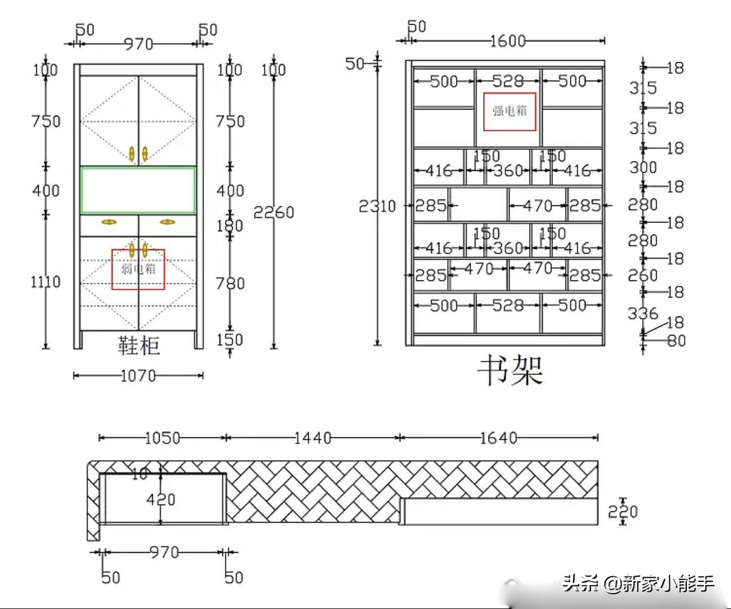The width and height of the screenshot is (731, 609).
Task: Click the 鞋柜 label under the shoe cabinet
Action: coord(138,345)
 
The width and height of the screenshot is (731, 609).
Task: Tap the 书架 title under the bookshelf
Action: coord(510,371)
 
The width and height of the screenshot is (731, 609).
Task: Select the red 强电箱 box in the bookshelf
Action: coord(510,111)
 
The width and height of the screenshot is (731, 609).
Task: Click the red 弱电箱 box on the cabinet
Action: coord(138,269)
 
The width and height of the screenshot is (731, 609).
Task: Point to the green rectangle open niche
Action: coord(138,190)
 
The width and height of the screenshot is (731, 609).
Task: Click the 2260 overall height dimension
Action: coord(274,212)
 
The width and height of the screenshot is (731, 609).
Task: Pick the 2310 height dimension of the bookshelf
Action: coord(377,206)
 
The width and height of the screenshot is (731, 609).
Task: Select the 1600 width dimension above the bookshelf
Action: coord(507,41)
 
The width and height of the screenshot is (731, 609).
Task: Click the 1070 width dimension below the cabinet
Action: coord(138,375)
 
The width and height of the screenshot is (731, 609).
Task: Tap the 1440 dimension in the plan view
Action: coord(313,438)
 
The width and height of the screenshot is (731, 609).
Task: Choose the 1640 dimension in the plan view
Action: coord(499,438)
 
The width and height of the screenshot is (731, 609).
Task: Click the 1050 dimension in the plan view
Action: coord(162,438)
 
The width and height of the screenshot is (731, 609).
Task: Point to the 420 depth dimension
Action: coord(161,500)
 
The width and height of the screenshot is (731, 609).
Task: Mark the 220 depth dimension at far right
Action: coord(623,511)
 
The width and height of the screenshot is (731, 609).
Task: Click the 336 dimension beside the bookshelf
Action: coord(642,313)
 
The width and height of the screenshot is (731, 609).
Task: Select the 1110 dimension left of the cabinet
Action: coord(45,282)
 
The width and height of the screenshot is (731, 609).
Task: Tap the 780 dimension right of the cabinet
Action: coord(230,284)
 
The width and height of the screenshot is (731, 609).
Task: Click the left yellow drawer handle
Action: coord(109,222)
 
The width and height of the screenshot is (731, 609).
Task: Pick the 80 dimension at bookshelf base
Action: coord(676,341)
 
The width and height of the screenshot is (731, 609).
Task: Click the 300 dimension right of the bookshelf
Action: coord(643,168)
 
